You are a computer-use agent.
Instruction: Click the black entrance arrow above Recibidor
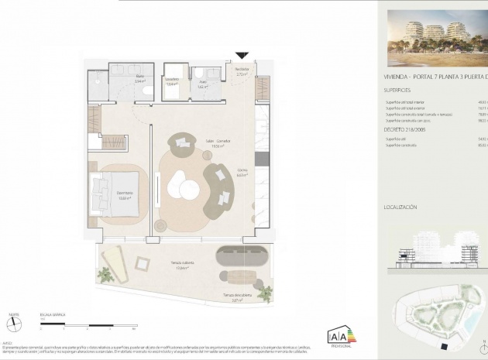point(242,55)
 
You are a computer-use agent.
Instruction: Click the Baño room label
point(140,77)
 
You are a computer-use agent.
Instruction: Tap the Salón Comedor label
point(219,142)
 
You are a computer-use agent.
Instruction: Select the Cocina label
point(242,172)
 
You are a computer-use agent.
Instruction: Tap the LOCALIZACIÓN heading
point(400,207)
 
